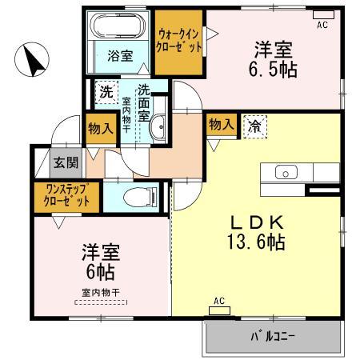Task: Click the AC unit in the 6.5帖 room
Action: [322, 15]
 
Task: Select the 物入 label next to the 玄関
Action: [99, 127]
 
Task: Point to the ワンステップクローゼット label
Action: [66, 195]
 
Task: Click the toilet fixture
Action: [139, 194]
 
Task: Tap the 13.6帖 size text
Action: [258, 241]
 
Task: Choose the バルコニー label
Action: [274, 336]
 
